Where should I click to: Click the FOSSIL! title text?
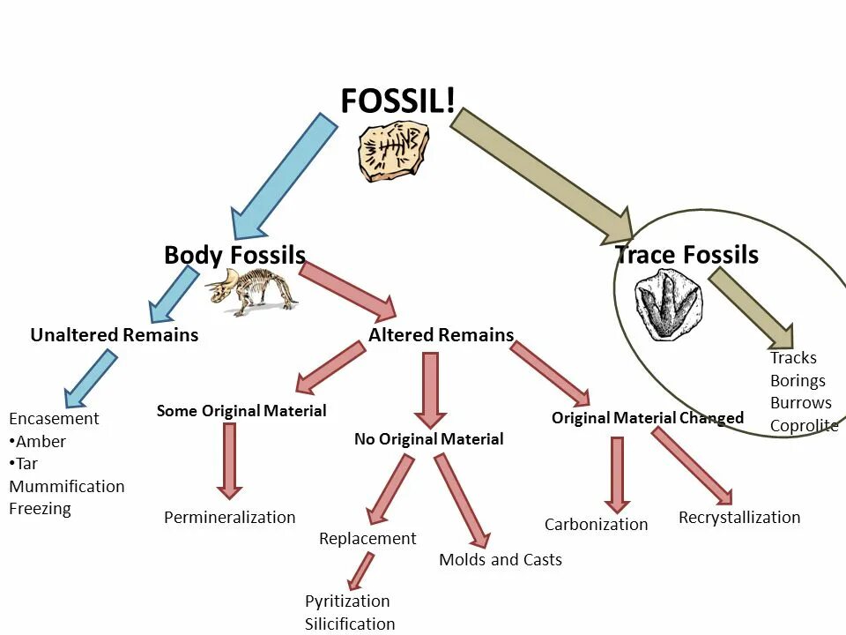click(x=398, y=101)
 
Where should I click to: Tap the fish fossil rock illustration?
click(x=393, y=152)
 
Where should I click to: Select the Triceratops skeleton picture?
click(x=252, y=292)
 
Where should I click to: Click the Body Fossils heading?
click(x=234, y=256)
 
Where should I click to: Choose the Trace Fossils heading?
click(x=686, y=256)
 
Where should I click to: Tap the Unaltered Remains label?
click(x=115, y=335)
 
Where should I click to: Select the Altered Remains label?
click(x=441, y=335)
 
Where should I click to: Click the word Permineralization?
click(x=230, y=518)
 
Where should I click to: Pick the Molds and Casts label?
click(x=501, y=560)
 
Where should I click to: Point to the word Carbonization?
click(x=596, y=525)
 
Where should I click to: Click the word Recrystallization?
click(x=739, y=518)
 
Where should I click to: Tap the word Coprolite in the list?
click(x=804, y=426)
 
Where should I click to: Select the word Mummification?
click(x=67, y=487)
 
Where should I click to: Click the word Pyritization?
click(x=347, y=601)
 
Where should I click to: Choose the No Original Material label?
click(x=429, y=439)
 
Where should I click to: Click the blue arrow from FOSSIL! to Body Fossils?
click(x=284, y=176)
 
